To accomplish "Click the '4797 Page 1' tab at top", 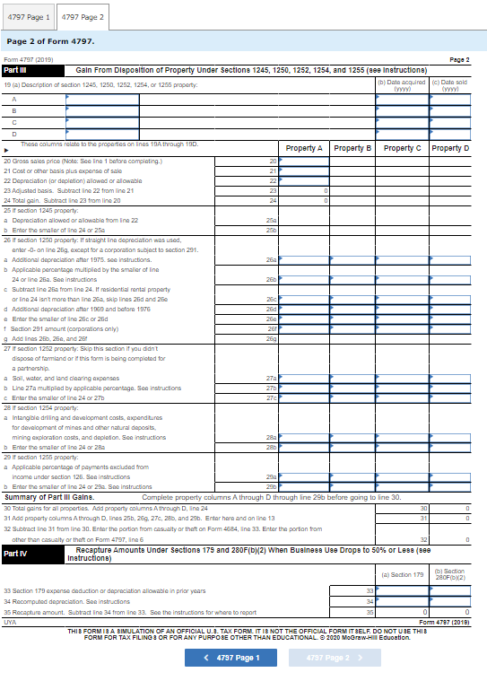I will point(30,17).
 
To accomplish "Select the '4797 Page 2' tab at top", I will point(83,17).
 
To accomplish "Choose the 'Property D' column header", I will point(450,148).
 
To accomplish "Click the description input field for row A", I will point(103,99).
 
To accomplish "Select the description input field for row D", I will point(103,134).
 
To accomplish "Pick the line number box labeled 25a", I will point(271,219).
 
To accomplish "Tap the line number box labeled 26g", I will point(271,312).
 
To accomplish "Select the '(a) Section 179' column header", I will point(402,574).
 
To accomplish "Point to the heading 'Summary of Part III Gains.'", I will point(50,496).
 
